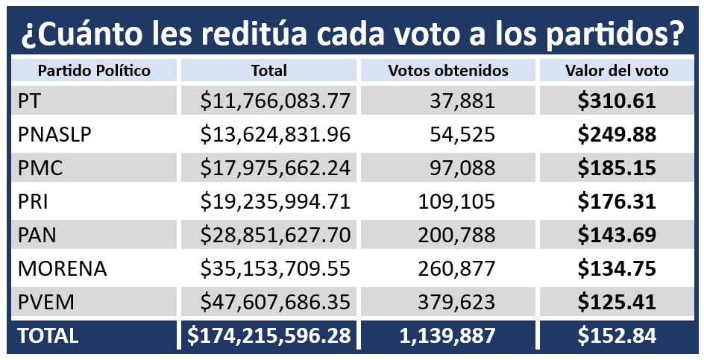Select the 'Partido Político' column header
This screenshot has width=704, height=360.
point(94,71)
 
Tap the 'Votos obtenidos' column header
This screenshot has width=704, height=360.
point(448,71)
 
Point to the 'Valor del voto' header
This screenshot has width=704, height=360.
point(617,71)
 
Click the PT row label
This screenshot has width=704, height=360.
point(30,101)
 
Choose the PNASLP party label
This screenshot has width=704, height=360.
point(55,135)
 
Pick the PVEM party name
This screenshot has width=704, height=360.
point(46,303)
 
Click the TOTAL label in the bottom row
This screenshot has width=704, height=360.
point(48,336)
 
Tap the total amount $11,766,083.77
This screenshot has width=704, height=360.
point(275,101)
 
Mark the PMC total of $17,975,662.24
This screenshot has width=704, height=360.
point(275,168)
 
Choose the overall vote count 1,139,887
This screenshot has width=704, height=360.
point(448,336)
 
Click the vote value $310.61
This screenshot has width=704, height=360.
point(617,101)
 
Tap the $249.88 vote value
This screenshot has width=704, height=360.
point(617,135)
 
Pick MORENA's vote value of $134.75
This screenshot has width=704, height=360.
point(617,269)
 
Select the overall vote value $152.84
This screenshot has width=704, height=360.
point(617,336)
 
